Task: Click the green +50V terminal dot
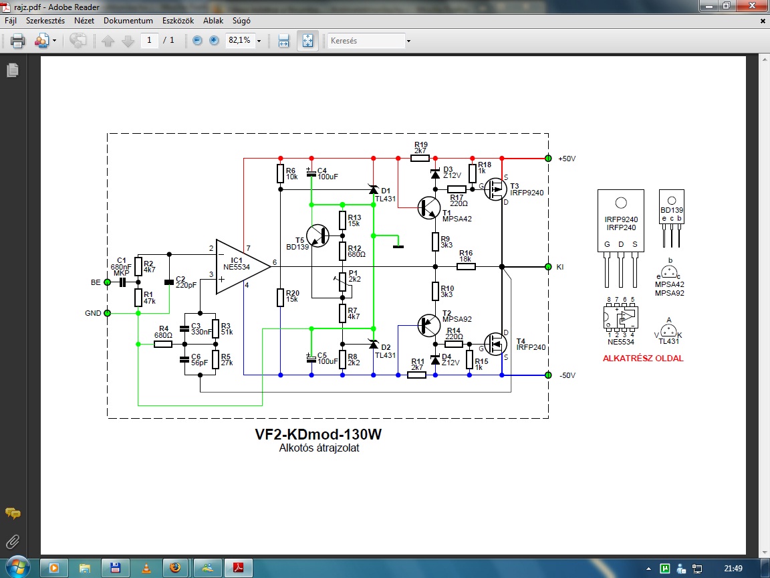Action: tap(549, 159)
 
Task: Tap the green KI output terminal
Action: tap(549, 267)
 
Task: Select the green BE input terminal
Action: tap(108, 282)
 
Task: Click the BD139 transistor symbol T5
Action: tap(317, 236)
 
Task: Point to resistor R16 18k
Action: tap(466, 267)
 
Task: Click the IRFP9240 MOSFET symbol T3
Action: tap(495, 189)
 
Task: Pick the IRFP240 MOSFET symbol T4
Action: tap(495, 344)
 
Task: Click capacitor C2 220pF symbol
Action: tap(169, 282)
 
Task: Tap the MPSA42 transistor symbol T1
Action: tap(428, 208)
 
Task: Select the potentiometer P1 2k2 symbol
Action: tap(343, 282)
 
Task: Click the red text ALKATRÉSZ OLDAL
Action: tap(643, 359)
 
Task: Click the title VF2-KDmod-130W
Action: tap(318, 434)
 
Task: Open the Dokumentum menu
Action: tap(128, 21)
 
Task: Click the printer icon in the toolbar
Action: tap(17, 40)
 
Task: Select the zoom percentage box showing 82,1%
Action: tap(240, 40)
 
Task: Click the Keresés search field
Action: tap(366, 40)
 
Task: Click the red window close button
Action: tap(752, 6)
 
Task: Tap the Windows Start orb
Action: tap(18, 568)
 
